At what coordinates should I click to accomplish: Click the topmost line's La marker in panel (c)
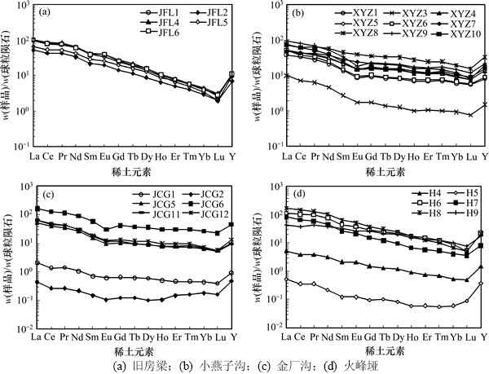tap(35, 209)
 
